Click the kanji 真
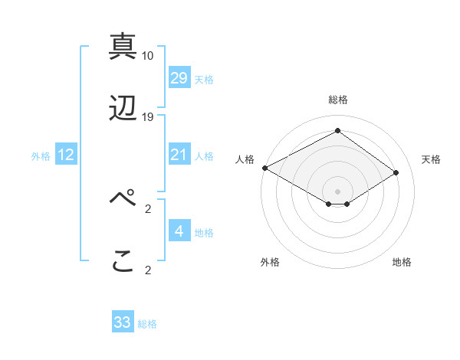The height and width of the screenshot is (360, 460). coord(123,47)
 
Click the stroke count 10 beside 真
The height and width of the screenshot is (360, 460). coord(148,56)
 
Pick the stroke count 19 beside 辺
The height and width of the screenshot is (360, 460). coord(148,117)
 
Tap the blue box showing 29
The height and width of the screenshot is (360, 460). coord(179,78)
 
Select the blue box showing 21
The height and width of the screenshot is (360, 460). coord(179,155)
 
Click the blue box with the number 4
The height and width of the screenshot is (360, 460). coord(179,231)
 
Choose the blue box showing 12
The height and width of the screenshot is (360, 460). coord(66,155)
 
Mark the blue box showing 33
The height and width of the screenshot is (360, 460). coord(123,322)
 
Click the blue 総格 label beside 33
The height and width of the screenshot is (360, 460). coord(147,324)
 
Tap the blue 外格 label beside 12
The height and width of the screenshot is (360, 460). coord(41,156)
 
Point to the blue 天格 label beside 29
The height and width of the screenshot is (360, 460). coord(204,80)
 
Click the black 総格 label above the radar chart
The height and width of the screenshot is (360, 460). coord(337,100)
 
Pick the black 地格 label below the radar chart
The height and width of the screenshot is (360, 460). coord(402,263)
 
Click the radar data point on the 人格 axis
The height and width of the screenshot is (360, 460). coord(264,168)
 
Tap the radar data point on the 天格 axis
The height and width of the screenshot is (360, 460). coord(396,173)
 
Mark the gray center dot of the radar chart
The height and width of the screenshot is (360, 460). coord(337,191)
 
